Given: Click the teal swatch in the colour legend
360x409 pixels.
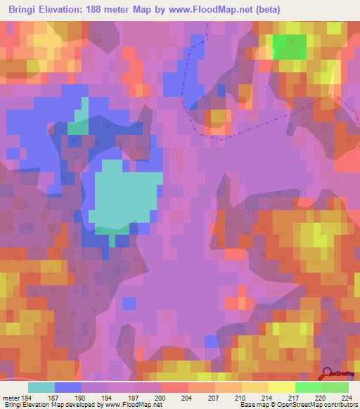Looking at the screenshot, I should (41, 387).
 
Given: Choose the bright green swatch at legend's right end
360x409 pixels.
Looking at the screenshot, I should (335, 387).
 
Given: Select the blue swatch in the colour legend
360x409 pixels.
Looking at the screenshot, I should (68, 387).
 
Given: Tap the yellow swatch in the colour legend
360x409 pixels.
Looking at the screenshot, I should (281, 387).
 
